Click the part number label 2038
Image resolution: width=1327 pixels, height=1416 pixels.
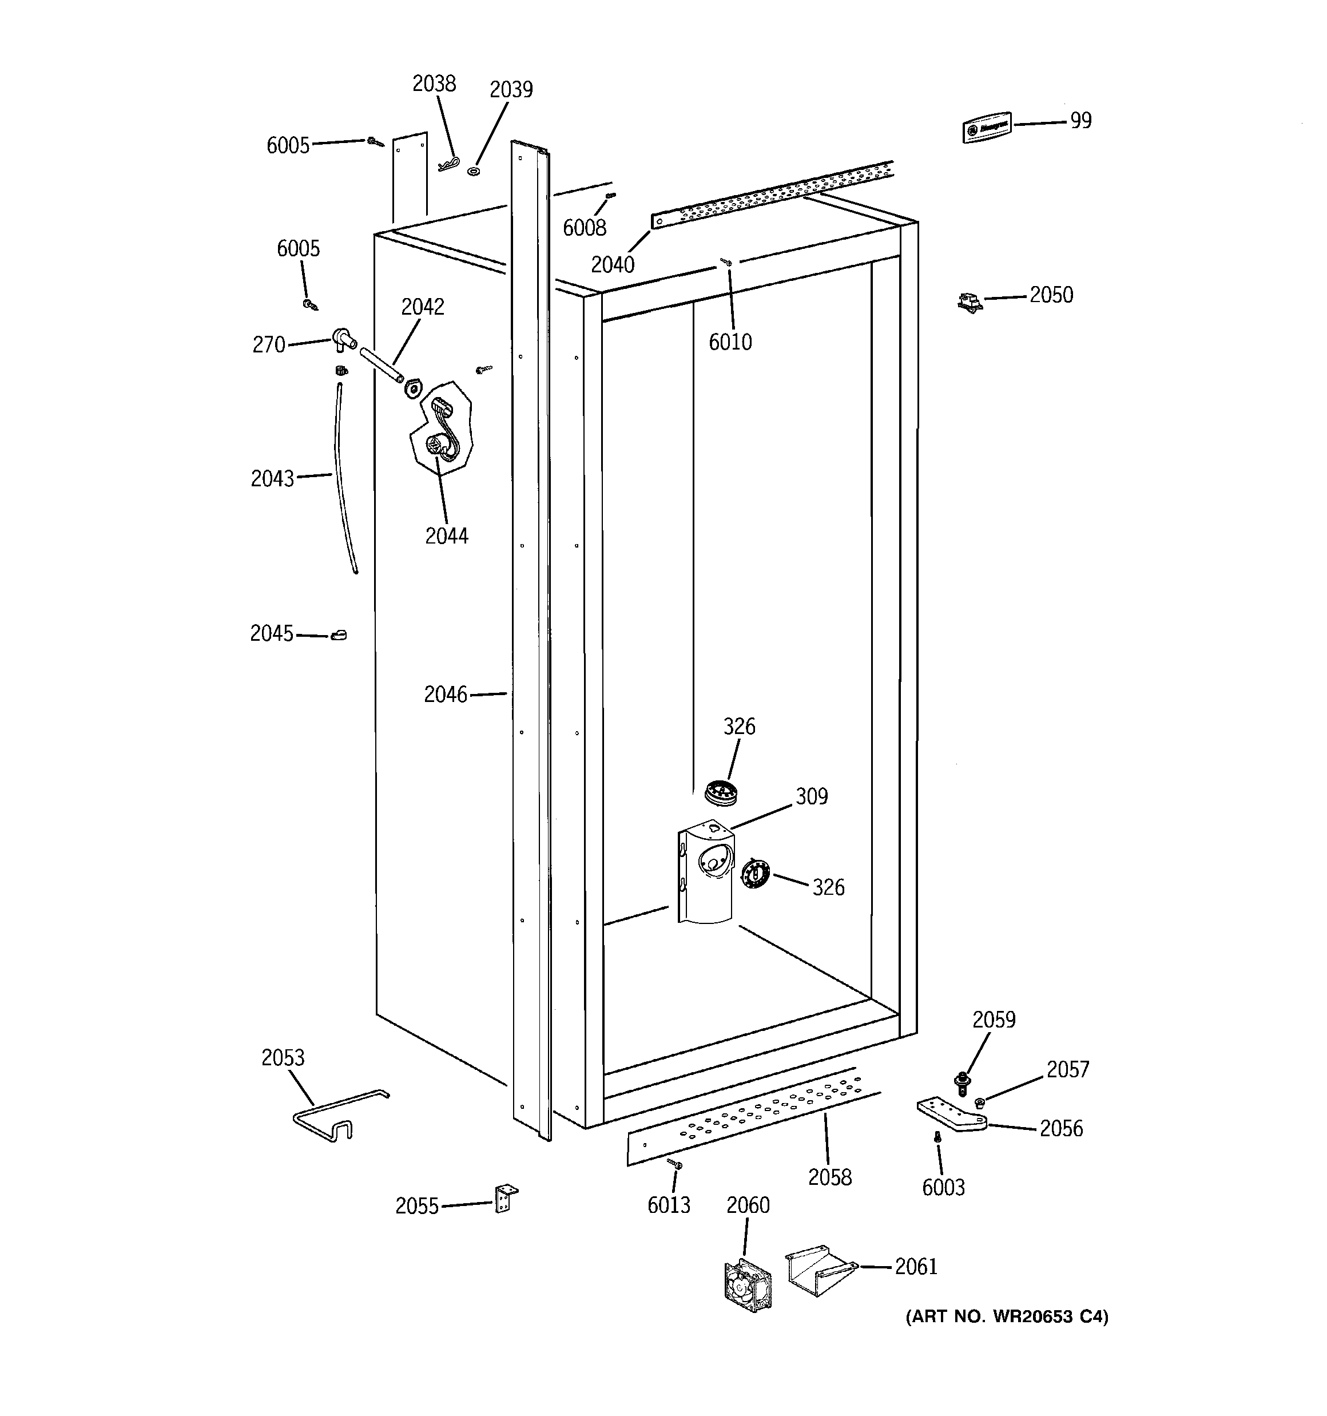[x=434, y=84]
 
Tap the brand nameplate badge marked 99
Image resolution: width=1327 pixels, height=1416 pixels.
[x=987, y=128]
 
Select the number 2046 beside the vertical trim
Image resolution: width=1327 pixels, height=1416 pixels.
[x=445, y=695]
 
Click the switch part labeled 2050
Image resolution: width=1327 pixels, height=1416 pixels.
[x=970, y=302]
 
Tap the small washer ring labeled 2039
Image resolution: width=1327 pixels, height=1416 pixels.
[x=474, y=171]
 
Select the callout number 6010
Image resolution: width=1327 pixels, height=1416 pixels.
[x=729, y=343]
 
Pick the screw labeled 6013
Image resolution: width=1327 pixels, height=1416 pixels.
[x=674, y=1163]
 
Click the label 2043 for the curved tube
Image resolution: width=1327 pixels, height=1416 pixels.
[x=272, y=479]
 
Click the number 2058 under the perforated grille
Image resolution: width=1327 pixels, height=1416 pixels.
[x=829, y=1177]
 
